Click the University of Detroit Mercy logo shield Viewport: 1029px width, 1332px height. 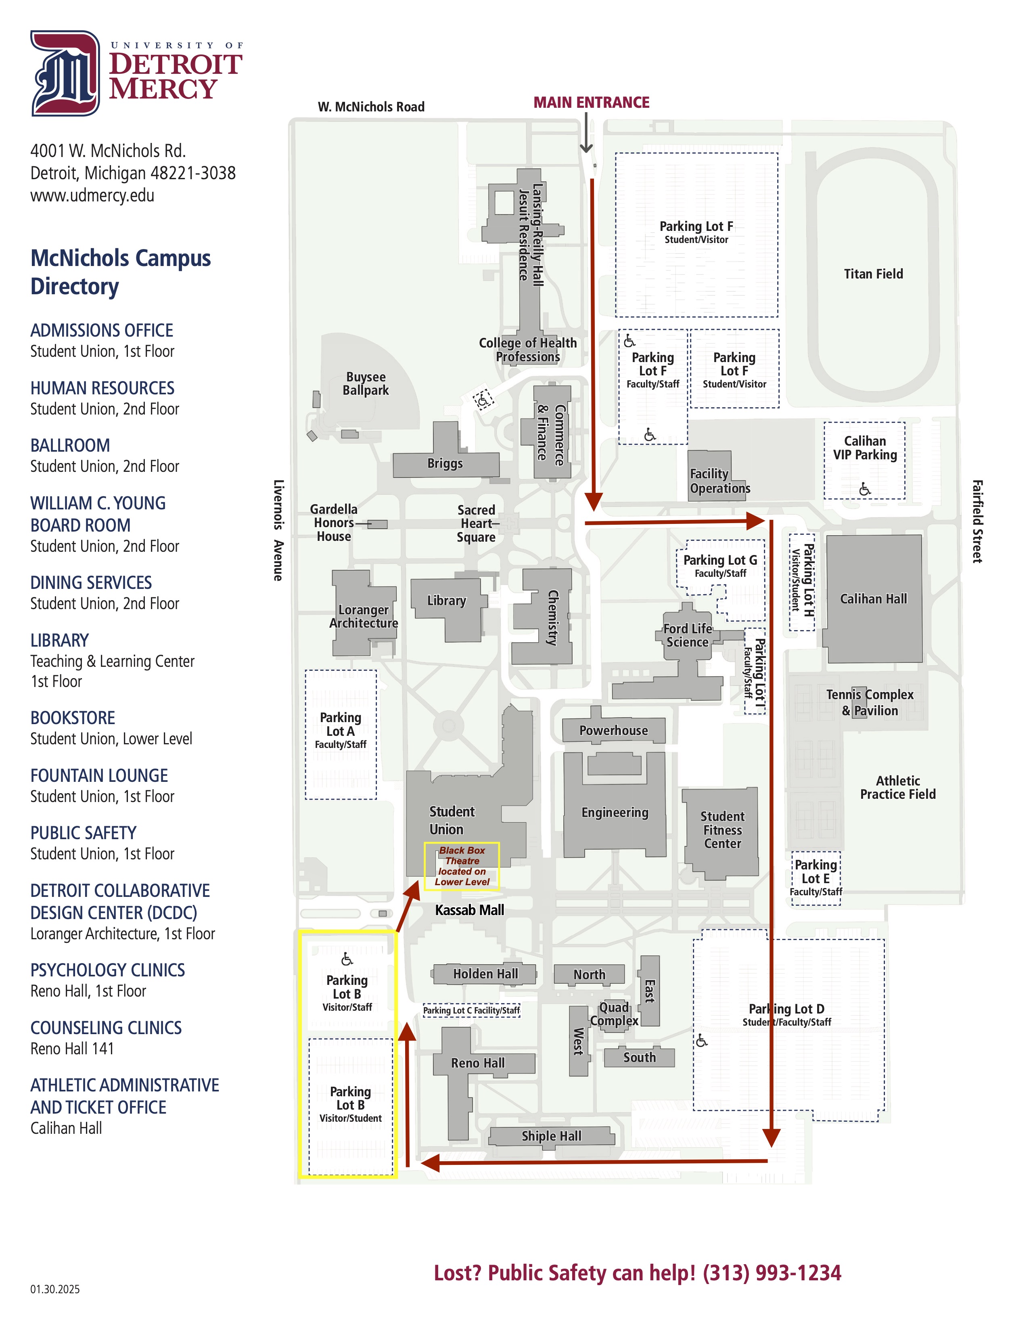click(x=65, y=73)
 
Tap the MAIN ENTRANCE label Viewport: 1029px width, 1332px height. click(x=591, y=103)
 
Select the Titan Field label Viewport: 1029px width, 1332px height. click(x=873, y=274)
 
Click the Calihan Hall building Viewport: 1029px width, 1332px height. click(x=873, y=599)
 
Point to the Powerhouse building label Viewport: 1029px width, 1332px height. click(x=613, y=730)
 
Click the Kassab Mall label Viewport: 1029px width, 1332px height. click(x=469, y=910)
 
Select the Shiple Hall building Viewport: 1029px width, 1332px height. click(x=551, y=1135)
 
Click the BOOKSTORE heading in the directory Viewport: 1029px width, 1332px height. click(x=73, y=718)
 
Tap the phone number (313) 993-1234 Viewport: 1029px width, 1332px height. click(x=771, y=1273)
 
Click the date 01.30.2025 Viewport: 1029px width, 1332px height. click(x=55, y=1289)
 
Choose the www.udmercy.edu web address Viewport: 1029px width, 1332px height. click(x=92, y=195)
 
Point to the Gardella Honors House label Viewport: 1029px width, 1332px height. click(x=333, y=523)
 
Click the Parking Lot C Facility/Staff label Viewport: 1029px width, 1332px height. click(x=471, y=1011)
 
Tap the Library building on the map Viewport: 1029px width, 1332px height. click(x=447, y=601)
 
